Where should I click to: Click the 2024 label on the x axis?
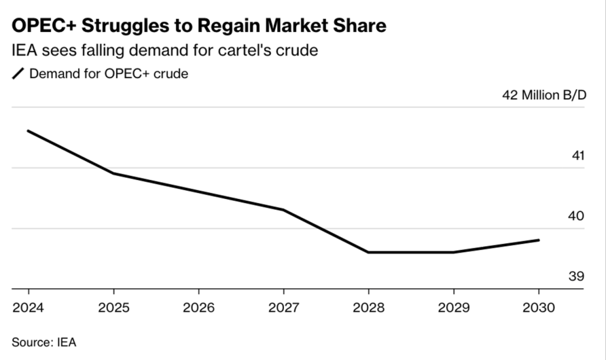point(28,308)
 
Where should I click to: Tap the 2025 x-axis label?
point(113,308)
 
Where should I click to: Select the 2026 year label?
point(199,308)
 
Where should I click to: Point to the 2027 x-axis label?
point(283,308)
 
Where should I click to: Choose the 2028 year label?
point(369,308)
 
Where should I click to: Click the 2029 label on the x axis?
point(453,308)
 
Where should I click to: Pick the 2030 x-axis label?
point(539,308)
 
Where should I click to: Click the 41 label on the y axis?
point(578,155)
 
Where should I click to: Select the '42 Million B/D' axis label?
point(544,95)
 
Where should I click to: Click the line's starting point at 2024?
point(28,131)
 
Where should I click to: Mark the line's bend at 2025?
point(113,173)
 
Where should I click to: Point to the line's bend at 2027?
point(283,210)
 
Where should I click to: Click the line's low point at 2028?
point(369,252)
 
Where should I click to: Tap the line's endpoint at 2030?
point(539,240)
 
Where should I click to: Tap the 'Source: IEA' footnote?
point(44,342)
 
